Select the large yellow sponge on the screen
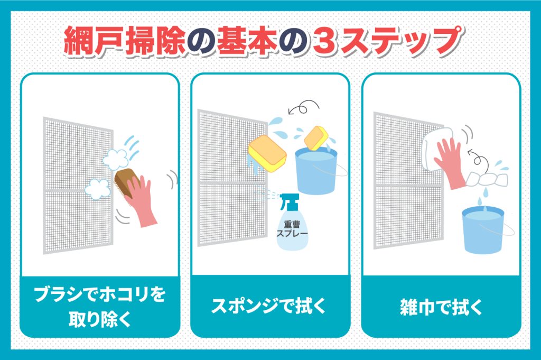(x=267, y=155)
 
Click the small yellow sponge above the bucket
(x=316, y=138)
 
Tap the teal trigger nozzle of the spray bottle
(x=289, y=201)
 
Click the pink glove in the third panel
(x=449, y=162)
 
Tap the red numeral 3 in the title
(x=323, y=41)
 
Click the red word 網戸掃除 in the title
(x=124, y=41)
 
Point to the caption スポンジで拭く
(x=269, y=307)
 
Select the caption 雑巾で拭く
(x=441, y=307)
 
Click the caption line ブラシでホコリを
(x=99, y=294)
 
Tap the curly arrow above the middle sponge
(x=304, y=107)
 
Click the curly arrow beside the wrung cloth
(x=478, y=158)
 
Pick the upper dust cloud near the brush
(x=116, y=159)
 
